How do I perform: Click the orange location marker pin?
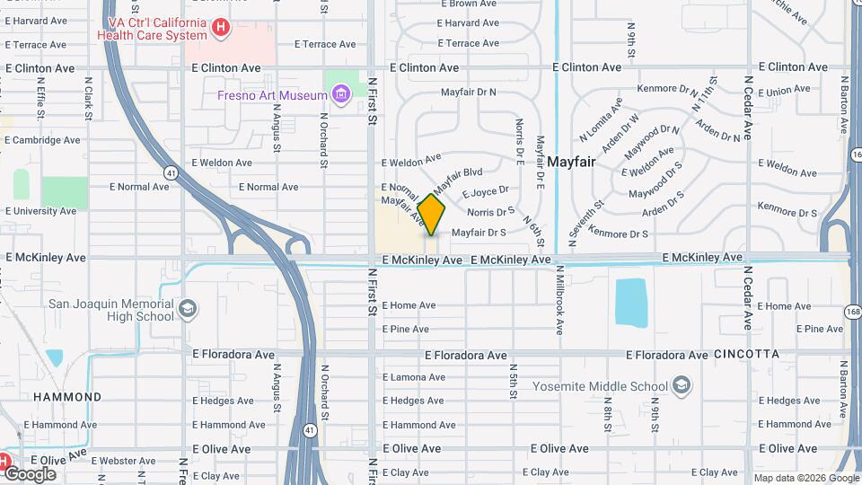431,216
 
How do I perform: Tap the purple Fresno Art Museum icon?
340,94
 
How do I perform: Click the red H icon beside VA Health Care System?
221,28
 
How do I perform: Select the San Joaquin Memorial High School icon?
187,310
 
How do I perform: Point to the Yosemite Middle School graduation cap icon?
682,386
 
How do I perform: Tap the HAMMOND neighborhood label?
67,396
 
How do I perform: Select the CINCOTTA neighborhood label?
747,355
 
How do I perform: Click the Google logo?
29,473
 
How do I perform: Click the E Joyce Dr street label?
485,191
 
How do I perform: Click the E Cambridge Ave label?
41,140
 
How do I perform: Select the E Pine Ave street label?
406,330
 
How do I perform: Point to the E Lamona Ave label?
413,378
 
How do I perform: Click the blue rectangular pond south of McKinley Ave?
630,302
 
